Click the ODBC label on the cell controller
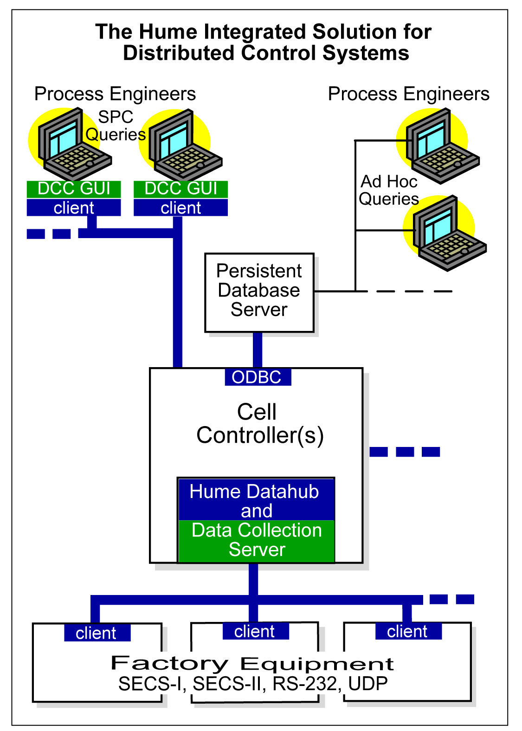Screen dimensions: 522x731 [x=258, y=377]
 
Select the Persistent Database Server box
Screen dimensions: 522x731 [x=259, y=292]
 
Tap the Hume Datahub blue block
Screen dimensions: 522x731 [x=257, y=499]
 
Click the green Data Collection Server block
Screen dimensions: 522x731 [x=257, y=541]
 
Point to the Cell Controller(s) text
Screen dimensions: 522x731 [x=259, y=423]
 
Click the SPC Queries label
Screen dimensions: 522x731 [x=116, y=126]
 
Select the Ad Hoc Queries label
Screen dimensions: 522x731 [x=388, y=190]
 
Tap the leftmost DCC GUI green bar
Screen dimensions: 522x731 [x=74, y=189]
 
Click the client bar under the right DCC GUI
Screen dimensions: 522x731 [x=181, y=207]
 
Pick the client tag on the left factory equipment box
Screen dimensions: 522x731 [x=97, y=633]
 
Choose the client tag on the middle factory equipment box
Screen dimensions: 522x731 [x=256, y=631]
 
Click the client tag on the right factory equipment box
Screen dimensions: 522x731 [x=408, y=631]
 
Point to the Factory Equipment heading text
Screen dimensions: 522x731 [x=252, y=663]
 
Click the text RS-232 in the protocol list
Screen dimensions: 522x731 [x=305, y=683]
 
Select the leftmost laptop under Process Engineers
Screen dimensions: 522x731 [x=70, y=143]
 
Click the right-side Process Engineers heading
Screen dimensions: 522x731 [x=408, y=94]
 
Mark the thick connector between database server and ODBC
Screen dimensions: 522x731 [x=258, y=350]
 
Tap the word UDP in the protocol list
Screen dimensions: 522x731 [x=367, y=683]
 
